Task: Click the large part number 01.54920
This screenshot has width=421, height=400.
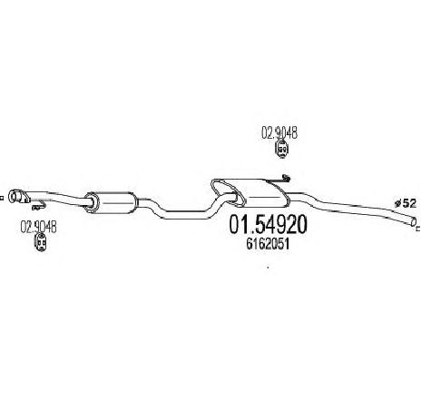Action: tap(268, 225)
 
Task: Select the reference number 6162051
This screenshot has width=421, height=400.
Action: tap(268, 244)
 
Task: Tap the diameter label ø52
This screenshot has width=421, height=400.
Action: tap(406, 203)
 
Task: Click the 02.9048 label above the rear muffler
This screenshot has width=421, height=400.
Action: tap(279, 132)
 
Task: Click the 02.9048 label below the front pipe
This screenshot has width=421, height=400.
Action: tap(38, 227)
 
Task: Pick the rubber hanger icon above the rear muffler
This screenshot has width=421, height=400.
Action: tap(282, 149)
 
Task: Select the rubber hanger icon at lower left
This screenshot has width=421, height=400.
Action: tap(41, 243)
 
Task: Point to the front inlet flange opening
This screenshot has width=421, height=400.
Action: tap(13, 196)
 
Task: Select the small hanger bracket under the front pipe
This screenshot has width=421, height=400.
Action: tap(38, 206)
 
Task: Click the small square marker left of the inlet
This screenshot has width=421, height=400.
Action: tap(1, 199)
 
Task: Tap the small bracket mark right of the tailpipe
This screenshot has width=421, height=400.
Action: tap(418, 229)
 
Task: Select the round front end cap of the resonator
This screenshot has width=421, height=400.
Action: tap(91, 202)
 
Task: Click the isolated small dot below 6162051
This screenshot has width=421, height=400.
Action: tap(268, 267)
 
